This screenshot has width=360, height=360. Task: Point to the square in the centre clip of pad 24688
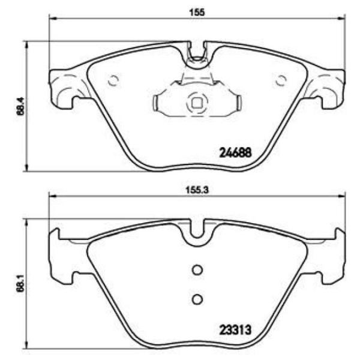[196, 103]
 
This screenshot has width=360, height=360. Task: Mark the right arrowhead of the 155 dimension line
[343, 19]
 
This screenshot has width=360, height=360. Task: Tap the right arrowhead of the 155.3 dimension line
[343, 196]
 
